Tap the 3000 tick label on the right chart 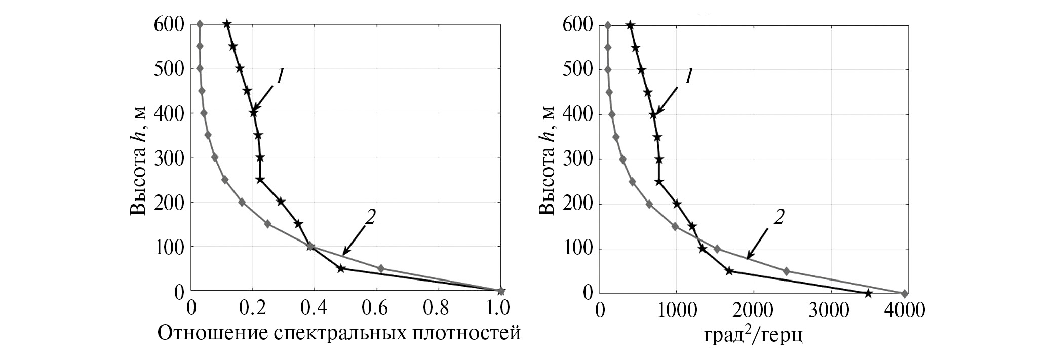point(829,310)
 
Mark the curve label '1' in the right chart point(688,77)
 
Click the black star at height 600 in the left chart point(227,24)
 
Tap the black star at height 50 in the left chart point(341,268)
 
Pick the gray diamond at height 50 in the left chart point(381,268)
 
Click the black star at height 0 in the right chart point(868,293)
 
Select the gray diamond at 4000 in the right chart point(905,293)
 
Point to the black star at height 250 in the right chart point(659,182)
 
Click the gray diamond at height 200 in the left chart point(242,202)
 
